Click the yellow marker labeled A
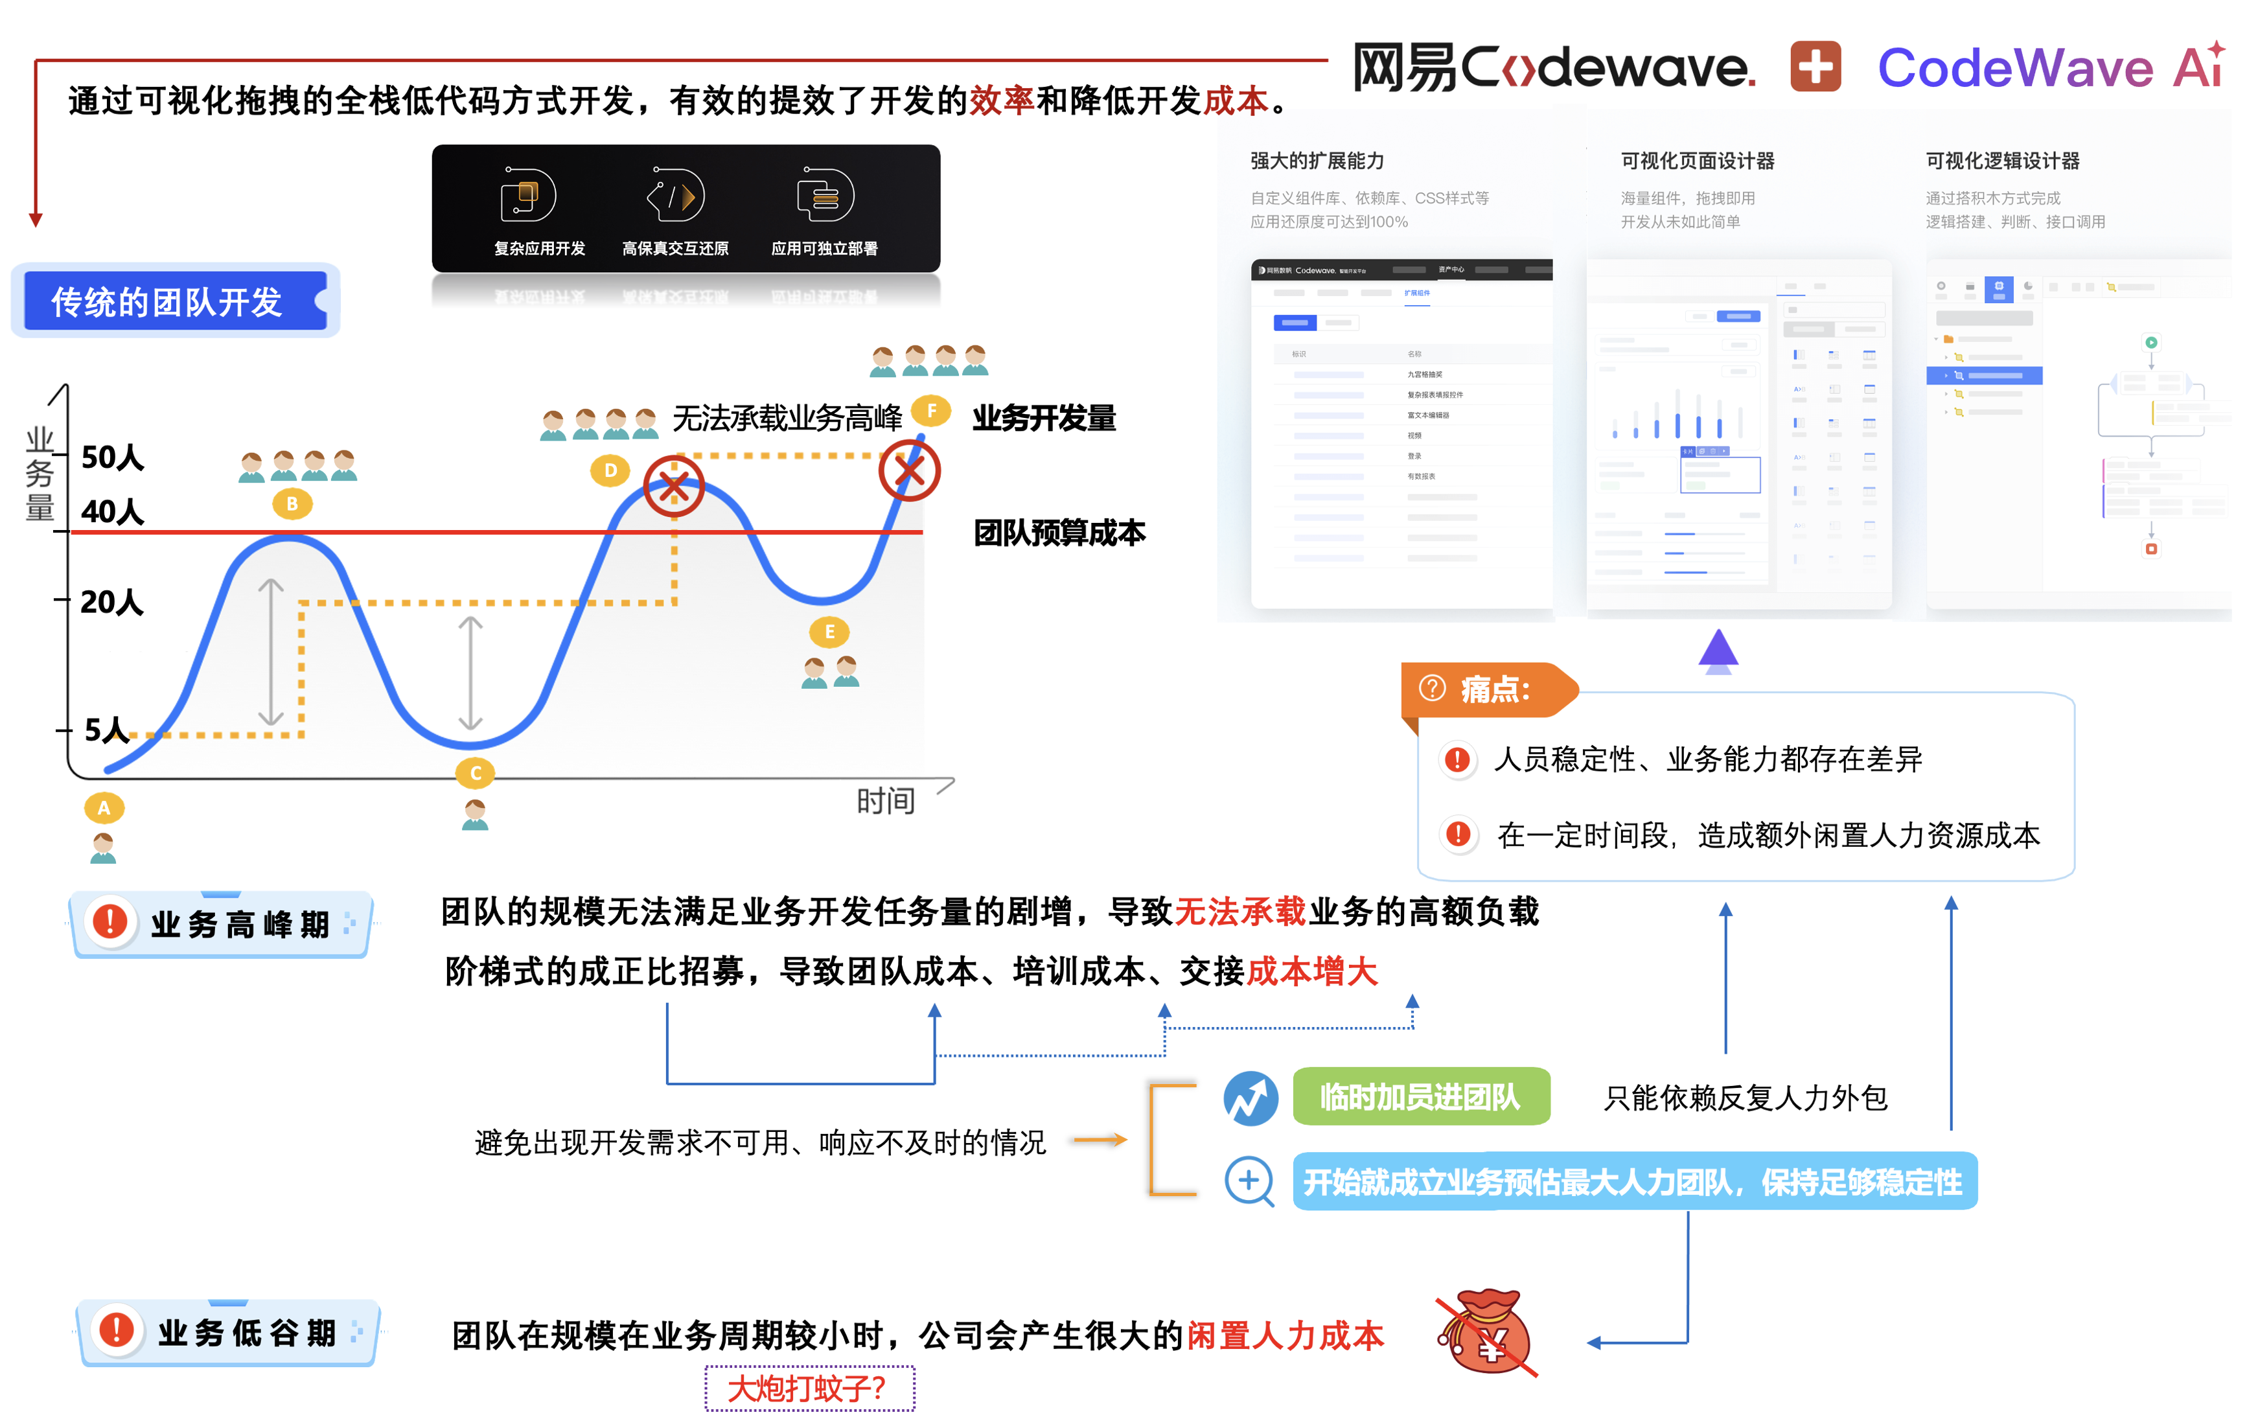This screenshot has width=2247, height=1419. tap(104, 808)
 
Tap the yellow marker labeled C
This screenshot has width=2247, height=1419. tap(475, 772)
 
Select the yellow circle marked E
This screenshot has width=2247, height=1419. tap(829, 632)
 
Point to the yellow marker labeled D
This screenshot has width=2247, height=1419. tap(610, 470)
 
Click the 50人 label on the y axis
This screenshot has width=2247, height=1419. tap(112, 457)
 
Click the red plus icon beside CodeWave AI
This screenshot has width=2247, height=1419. tap(1815, 67)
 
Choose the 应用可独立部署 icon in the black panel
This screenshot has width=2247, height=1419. tap(825, 196)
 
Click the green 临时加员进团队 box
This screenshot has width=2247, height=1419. tap(1420, 1096)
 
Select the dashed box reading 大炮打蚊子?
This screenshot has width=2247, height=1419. tap(809, 1388)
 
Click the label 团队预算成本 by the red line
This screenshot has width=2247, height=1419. tap(1059, 533)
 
